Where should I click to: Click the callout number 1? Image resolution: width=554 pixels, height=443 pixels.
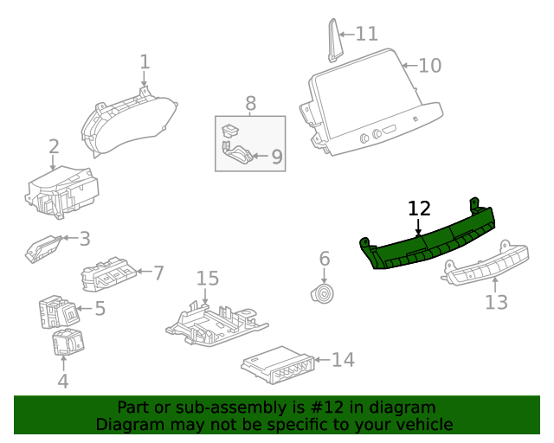pos(145,62)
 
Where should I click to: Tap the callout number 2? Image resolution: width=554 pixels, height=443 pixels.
pos(54,147)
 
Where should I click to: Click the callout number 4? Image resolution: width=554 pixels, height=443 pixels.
pos(62,379)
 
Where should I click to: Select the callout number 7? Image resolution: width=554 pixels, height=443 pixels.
pos(158,273)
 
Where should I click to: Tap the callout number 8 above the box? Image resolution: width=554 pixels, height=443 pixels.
pos(250,104)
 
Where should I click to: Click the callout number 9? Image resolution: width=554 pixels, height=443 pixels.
pos(276,157)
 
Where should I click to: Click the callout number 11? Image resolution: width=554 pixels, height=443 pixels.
pos(367,35)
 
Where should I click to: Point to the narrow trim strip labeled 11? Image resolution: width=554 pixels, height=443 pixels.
pos(333,39)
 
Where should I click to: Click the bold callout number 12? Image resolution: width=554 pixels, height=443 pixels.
pos(419,209)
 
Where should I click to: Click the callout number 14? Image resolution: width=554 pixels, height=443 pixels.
pos(343,360)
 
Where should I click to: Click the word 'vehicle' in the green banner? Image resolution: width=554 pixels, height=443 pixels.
pos(423,425)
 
